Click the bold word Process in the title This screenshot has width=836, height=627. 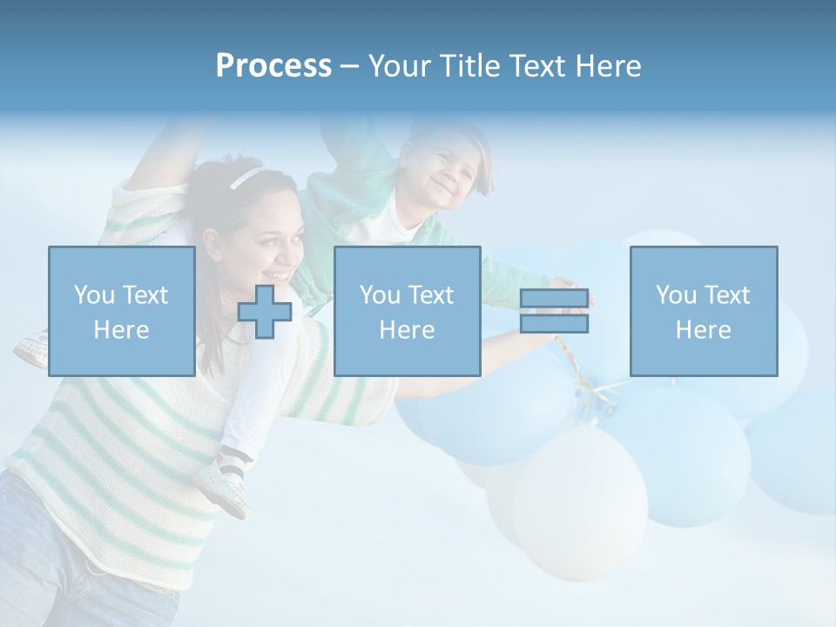(x=273, y=66)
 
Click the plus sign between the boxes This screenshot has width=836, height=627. (x=265, y=312)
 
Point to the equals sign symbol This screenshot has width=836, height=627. (x=555, y=311)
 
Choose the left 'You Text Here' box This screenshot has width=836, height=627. (x=121, y=311)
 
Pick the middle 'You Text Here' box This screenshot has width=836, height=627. (x=407, y=311)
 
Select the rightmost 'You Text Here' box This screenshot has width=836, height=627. (x=703, y=311)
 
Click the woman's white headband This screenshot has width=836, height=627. (x=245, y=178)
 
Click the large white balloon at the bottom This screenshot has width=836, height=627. (x=579, y=505)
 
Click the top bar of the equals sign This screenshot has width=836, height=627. (x=555, y=298)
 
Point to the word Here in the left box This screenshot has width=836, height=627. (x=121, y=329)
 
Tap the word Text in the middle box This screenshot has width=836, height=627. (x=431, y=295)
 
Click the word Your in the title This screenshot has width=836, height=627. (x=401, y=66)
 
